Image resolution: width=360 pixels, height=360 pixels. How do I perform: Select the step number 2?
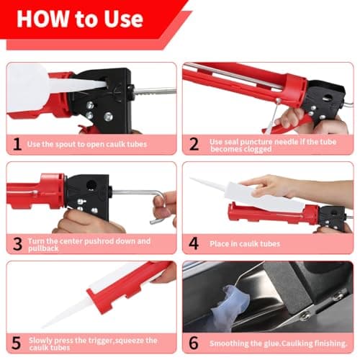click(193, 144)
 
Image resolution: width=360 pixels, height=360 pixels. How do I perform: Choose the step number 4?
click(193, 244)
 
